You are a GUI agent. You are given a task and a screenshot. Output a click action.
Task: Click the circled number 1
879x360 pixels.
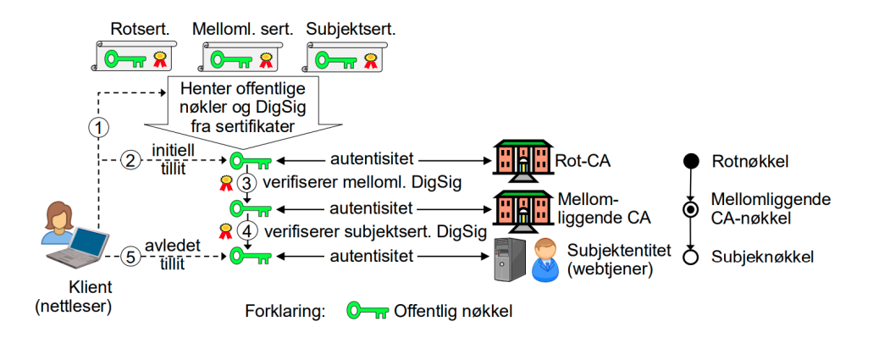point(100,128)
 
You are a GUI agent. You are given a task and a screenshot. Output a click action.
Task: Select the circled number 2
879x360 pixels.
point(129,159)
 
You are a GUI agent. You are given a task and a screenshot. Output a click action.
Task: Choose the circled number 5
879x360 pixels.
point(129,256)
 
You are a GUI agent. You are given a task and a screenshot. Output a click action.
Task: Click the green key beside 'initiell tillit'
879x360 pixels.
point(247,159)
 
